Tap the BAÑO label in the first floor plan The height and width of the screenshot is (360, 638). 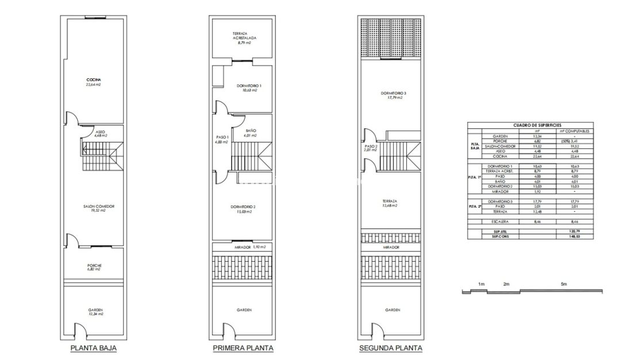(x=251, y=131)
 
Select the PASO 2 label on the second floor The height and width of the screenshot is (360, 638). (x=371, y=146)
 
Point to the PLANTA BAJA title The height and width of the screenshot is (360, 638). (x=94, y=348)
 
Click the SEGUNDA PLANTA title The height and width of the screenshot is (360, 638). (x=390, y=348)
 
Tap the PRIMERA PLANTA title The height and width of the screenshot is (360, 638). (x=243, y=348)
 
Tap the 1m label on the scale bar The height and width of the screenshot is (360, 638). (x=481, y=285)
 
